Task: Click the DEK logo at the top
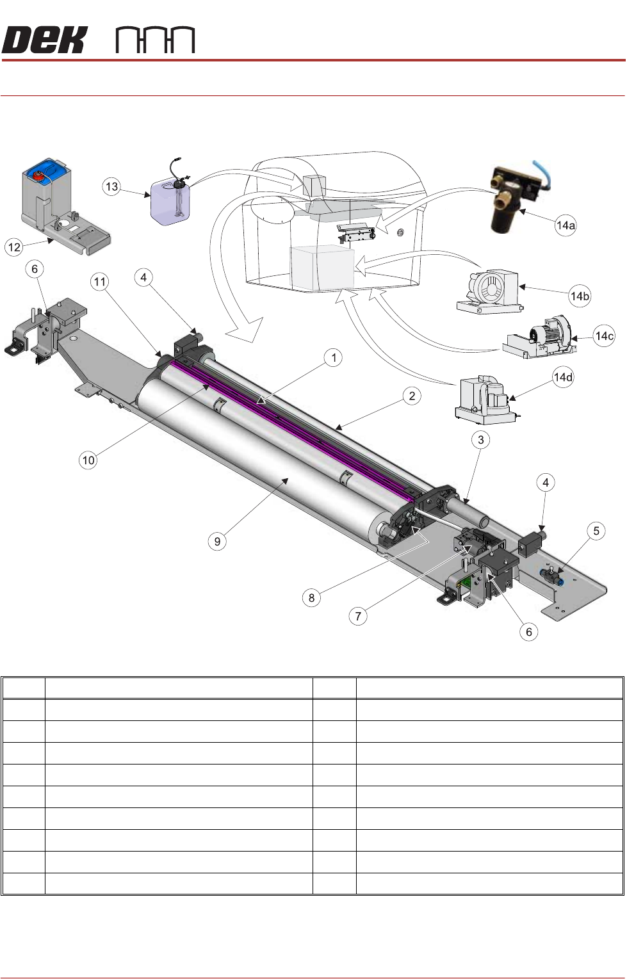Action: [x=44, y=40]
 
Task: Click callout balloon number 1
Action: [x=333, y=358]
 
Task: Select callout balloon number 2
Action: [x=412, y=396]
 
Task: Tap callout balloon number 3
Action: [x=480, y=439]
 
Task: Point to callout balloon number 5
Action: [x=596, y=531]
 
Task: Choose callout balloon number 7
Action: [x=358, y=616]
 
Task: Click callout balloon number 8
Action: [x=311, y=597]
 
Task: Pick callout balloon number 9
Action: [x=217, y=542]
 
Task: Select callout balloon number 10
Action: [x=88, y=460]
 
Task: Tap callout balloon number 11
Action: [x=99, y=282]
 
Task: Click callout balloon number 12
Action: [x=15, y=247]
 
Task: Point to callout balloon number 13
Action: [x=111, y=186]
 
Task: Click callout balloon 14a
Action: [x=566, y=225]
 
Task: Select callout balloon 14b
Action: [x=580, y=296]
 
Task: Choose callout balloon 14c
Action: [x=604, y=336]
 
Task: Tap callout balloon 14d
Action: [x=563, y=377]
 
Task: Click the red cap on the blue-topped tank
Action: [x=40, y=174]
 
